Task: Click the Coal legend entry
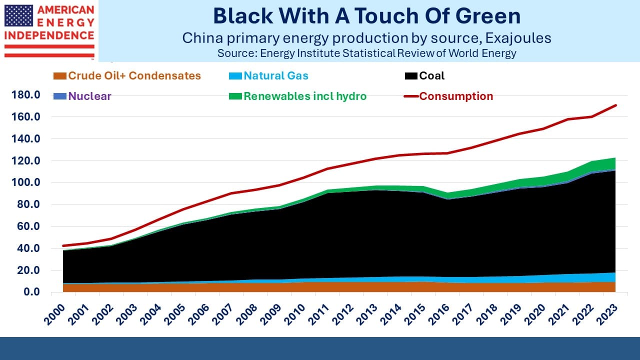[424, 75]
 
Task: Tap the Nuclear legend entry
[82, 96]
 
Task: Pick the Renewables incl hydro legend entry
[297, 96]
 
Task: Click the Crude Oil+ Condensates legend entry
[127, 75]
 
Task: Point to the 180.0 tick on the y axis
[25, 94]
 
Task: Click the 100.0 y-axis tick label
[25, 182]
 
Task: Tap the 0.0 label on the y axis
[31, 291]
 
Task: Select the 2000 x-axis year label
[54, 314]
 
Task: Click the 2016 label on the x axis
[438, 314]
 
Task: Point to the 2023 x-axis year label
[606, 314]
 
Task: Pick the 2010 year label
[294, 314]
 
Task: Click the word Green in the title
[488, 16]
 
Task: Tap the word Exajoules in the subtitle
[518, 38]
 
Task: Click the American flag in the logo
[19, 15]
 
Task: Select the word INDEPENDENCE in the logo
[49, 35]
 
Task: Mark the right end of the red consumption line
[615, 105]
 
